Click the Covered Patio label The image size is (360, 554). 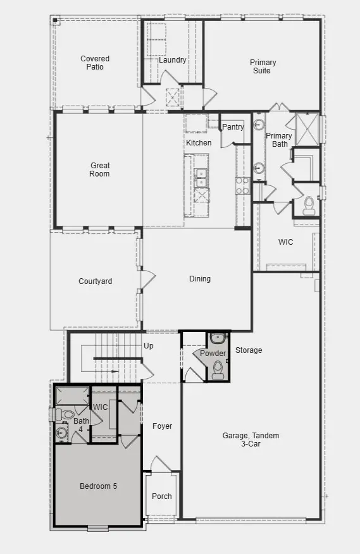[x=94, y=63]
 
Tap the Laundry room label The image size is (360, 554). [x=172, y=60]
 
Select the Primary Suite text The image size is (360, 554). [x=263, y=66]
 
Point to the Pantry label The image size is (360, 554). [x=233, y=127]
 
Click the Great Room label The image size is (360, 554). [x=99, y=169]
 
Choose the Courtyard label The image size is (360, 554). [x=95, y=281]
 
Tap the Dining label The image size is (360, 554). [x=200, y=279]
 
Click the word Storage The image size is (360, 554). [x=249, y=350]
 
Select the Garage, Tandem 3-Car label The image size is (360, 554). [x=251, y=440]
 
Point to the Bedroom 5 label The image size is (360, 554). [x=98, y=486]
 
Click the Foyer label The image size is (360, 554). [x=163, y=426]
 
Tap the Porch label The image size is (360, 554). [x=162, y=496]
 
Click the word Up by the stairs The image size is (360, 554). [x=149, y=346]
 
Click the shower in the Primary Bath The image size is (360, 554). [x=307, y=129]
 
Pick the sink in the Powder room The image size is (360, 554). [x=216, y=338]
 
